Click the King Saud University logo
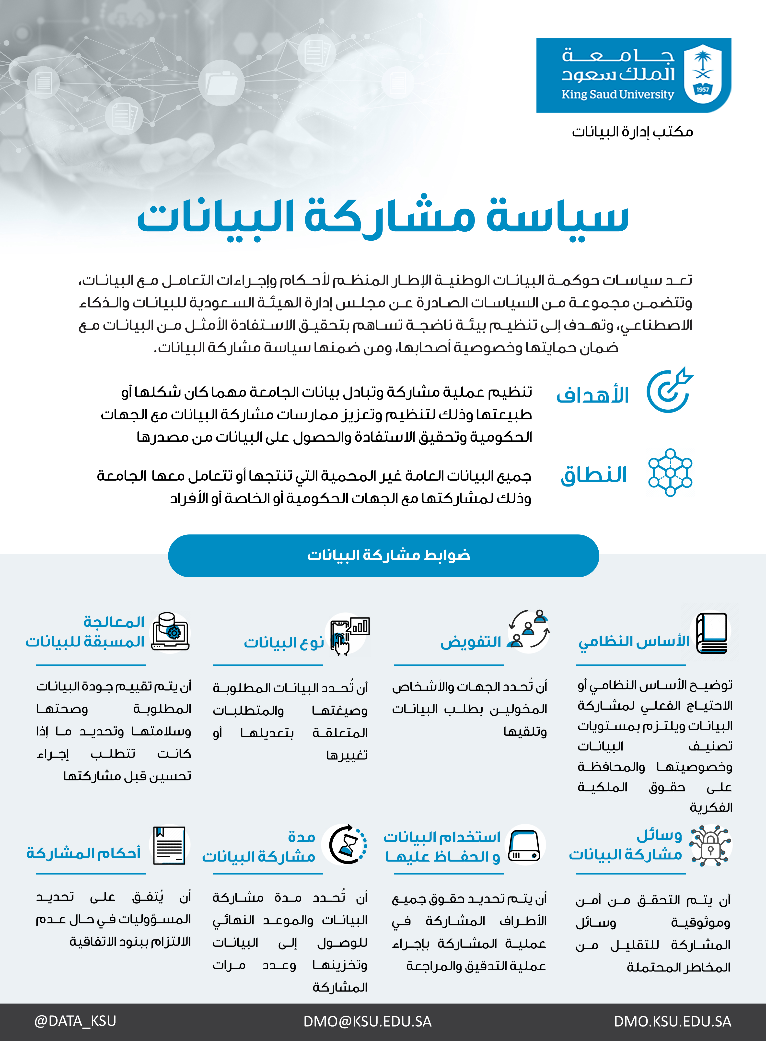pyautogui.click(x=633, y=75)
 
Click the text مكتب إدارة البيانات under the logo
pyautogui.click(x=632, y=132)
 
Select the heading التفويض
pyautogui.click(x=471, y=642)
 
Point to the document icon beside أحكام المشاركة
pyautogui.click(x=169, y=845)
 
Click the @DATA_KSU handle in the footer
pyautogui.click(x=75, y=1021)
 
